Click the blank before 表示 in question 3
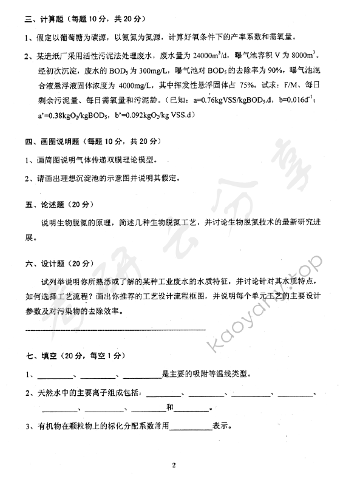(191, 426)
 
